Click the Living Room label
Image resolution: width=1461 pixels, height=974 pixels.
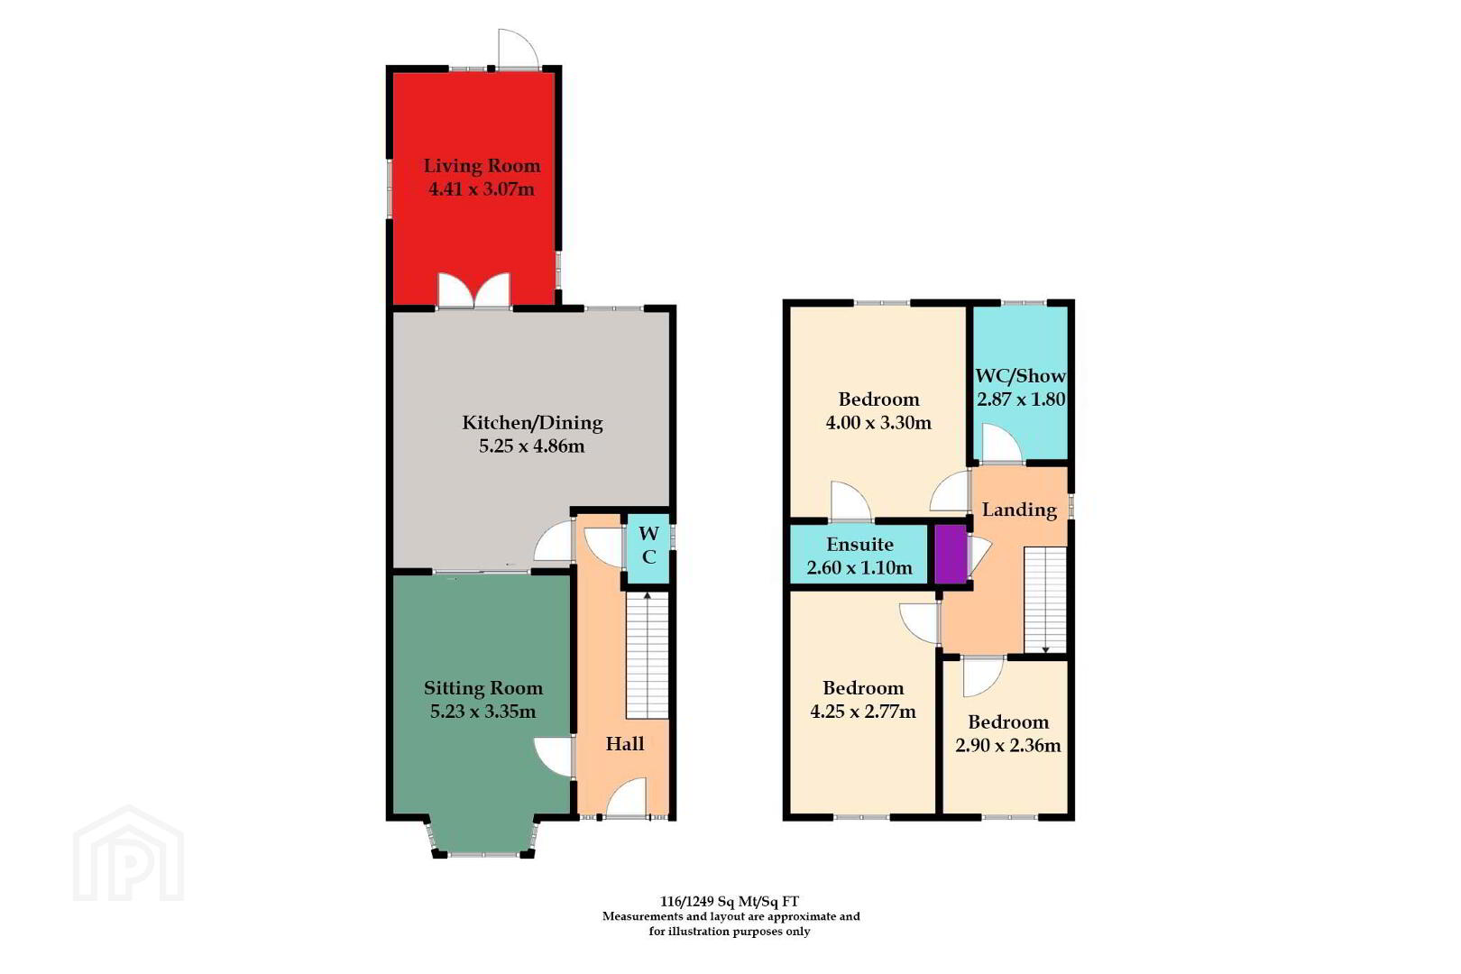click(x=482, y=166)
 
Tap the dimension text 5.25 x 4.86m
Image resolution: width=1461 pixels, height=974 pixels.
click(x=531, y=446)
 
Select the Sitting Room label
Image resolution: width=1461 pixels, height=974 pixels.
click(x=483, y=687)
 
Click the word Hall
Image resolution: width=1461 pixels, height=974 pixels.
click(x=625, y=744)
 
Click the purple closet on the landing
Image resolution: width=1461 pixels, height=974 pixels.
click(x=951, y=554)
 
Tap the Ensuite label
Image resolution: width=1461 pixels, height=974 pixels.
click(x=859, y=544)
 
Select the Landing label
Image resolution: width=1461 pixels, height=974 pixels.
click(x=1019, y=510)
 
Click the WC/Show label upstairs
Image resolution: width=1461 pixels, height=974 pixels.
click(x=1020, y=376)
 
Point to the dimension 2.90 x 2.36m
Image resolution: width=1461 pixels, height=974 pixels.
click(x=1007, y=745)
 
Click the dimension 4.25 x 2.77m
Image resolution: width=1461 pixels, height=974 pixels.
click(x=863, y=711)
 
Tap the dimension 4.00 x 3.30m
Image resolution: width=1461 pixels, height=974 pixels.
click(x=878, y=423)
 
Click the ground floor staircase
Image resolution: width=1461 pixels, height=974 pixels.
click(x=648, y=656)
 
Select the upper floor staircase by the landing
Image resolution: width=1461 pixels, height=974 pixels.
click(x=1045, y=601)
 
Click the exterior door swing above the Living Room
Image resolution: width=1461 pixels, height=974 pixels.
click(x=519, y=49)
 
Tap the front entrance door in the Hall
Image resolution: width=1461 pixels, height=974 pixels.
click(x=626, y=797)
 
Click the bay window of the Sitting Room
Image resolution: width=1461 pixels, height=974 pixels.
click(x=483, y=839)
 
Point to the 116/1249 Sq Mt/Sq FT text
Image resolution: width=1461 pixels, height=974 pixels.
click(x=730, y=902)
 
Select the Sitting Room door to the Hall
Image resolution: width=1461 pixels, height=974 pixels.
click(x=553, y=757)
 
